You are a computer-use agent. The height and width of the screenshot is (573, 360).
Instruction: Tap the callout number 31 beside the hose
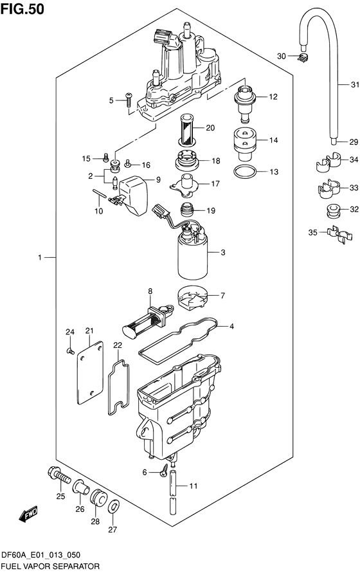point(354,85)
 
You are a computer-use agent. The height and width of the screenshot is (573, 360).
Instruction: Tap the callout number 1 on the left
point(39,257)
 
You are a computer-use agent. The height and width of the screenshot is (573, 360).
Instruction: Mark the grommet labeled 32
point(332,210)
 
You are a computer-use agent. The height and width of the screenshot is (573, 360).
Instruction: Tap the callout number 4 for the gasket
point(232,327)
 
